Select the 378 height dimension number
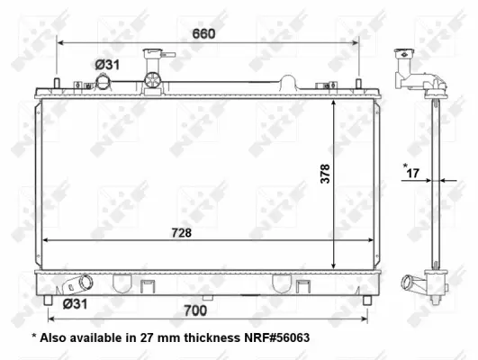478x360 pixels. [x=325, y=175]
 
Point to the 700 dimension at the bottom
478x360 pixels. [x=196, y=310]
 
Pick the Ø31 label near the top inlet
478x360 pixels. [x=108, y=64]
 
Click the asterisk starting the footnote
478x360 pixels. [x=33, y=338]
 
